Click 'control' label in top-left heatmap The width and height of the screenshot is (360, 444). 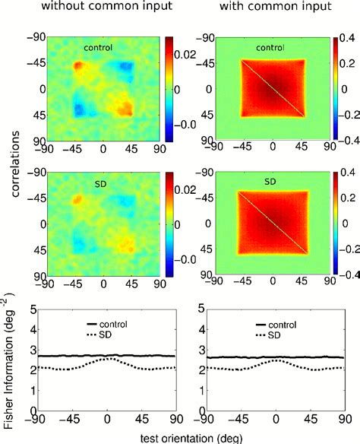tap(99, 48)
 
